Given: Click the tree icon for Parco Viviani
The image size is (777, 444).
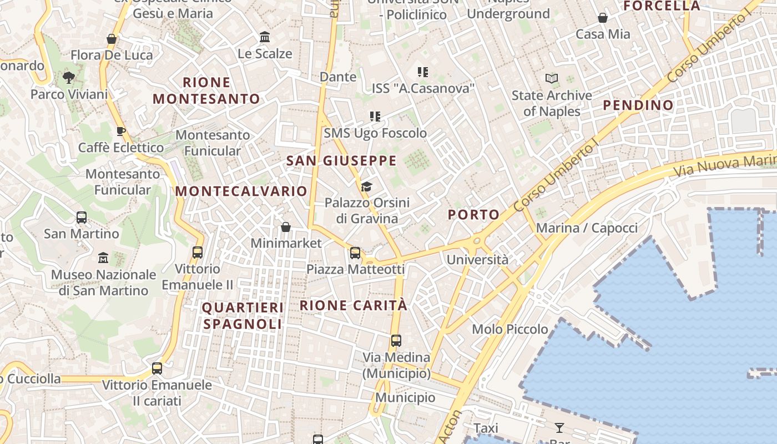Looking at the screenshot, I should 69,78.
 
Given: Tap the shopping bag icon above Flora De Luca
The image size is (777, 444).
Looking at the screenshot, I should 112,39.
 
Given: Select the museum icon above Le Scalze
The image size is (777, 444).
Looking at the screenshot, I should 265,37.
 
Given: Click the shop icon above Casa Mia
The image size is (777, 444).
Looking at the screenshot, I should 603,18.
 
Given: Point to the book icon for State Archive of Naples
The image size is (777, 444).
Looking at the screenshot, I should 551,79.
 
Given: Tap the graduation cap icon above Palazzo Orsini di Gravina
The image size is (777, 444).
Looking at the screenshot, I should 366,186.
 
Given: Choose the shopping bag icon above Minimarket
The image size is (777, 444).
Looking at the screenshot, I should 286,227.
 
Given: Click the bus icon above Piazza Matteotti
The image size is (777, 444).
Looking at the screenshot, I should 355,253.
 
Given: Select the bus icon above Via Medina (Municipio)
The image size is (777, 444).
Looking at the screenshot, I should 396,341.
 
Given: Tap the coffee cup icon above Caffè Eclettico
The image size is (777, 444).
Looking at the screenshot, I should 121,132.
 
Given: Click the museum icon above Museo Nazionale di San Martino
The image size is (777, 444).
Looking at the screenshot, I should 103,258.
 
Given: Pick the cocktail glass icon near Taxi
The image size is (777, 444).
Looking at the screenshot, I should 559,428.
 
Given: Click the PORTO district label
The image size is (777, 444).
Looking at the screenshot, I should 473,215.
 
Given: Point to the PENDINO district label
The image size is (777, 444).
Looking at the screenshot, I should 638,105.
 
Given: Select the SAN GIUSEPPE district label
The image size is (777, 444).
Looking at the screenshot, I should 341,161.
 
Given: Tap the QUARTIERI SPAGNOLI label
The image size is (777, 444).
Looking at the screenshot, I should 243,316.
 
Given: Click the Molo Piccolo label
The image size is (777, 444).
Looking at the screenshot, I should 509,329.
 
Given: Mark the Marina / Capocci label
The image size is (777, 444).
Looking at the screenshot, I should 587,228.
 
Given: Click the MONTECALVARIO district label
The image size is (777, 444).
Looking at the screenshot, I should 241,191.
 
